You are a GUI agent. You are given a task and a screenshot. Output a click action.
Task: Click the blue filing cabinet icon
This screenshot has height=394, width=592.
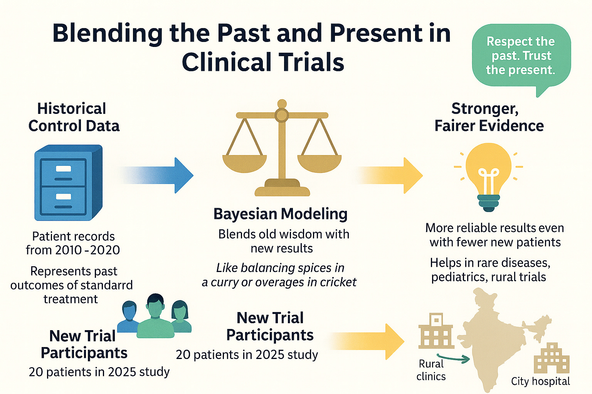tap(68, 183)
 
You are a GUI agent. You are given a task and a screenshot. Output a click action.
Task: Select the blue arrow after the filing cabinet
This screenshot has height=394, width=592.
tap(158, 175)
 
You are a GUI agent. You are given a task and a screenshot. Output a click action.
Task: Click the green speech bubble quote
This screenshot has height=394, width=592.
tap(521, 56)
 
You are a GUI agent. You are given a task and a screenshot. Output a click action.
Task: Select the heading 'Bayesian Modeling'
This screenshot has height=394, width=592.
tap(281, 214)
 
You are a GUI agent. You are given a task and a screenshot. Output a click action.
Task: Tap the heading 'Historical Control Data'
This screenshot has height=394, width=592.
tap(74, 117)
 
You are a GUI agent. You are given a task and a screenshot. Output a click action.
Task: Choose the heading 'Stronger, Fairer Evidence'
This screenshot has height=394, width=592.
tap(489, 117)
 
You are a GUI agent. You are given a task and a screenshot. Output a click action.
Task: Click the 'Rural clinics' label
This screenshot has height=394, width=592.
tap(431, 370)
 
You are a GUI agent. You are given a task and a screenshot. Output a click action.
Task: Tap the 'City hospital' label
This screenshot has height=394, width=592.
tap(540, 381)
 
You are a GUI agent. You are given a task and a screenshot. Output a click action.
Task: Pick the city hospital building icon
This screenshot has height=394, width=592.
tap(551, 358)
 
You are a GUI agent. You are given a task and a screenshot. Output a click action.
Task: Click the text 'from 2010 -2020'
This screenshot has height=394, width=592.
tap(73, 250)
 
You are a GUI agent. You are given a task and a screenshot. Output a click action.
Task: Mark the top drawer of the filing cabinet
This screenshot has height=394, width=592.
tap(63, 172)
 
